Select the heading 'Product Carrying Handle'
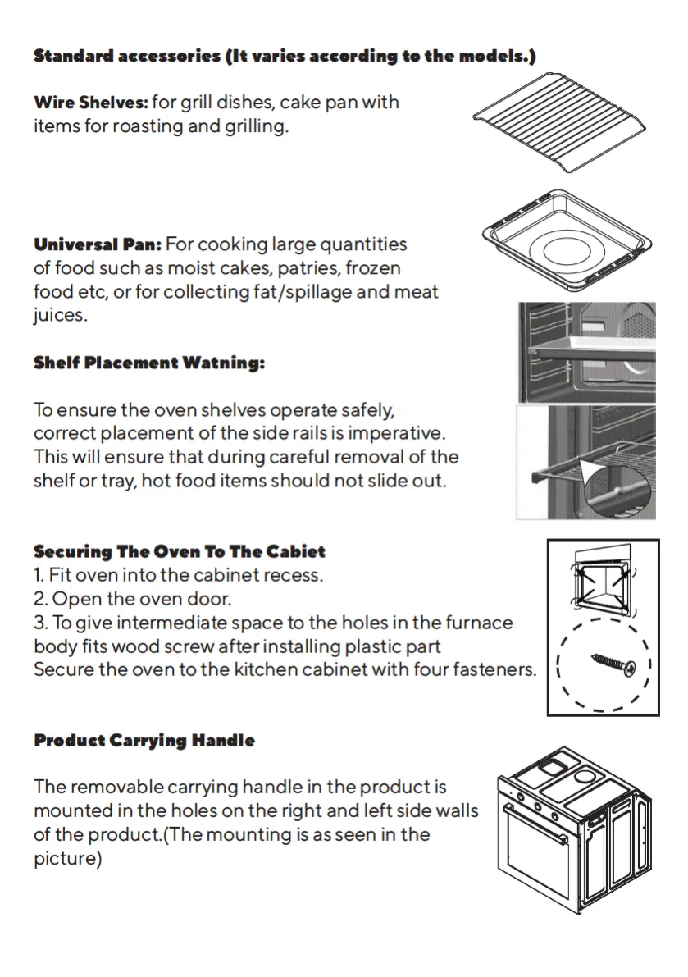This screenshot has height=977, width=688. click(x=144, y=741)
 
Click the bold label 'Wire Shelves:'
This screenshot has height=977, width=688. click(x=91, y=103)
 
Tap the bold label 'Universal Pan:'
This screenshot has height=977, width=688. click(x=98, y=244)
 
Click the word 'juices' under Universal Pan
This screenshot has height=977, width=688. click(x=58, y=316)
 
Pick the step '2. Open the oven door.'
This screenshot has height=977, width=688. click(x=133, y=599)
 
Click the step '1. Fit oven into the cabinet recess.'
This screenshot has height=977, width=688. click(x=179, y=575)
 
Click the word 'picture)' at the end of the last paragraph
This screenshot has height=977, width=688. click(x=67, y=859)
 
